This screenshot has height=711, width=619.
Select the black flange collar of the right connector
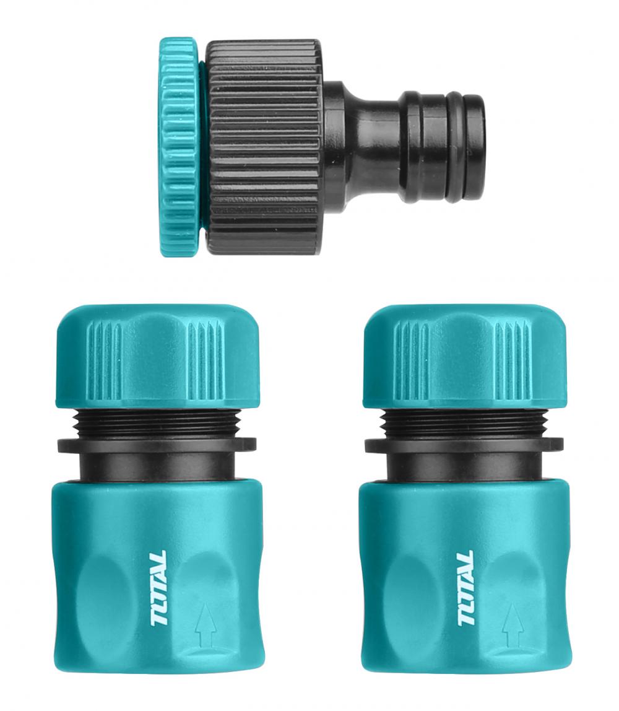point(464,444)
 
